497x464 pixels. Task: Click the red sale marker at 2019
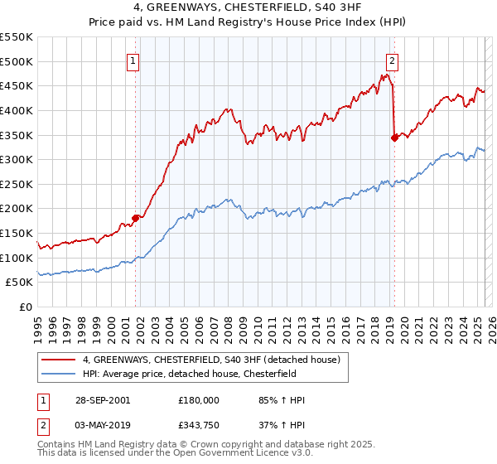[394, 138]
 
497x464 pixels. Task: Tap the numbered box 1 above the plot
[133, 59]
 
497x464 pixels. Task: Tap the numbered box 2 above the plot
[392, 59]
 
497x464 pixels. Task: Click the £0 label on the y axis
[25, 307]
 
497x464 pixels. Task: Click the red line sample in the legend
[57, 360]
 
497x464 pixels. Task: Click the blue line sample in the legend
[57, 374]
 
